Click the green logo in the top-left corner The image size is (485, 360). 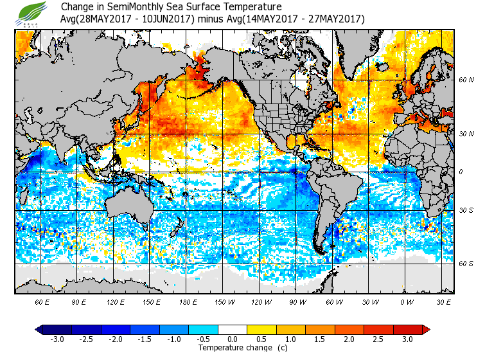tap(33, 12)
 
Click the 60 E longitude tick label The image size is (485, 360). tap(43, 301)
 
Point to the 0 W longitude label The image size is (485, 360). tap(406, 301)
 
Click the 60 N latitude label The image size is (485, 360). tap(467, 80)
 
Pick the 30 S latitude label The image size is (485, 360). tap(467, 211)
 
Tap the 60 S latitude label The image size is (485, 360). tap(467, 264)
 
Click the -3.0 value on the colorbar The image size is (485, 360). tap(57, 339)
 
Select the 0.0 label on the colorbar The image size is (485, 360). tap(232, 339)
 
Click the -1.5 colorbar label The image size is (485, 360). tap(145, 339)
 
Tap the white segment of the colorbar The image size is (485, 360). tap(233, 329)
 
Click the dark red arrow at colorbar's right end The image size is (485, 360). tap(425, 329)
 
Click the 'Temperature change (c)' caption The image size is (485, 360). tap(233, 348)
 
